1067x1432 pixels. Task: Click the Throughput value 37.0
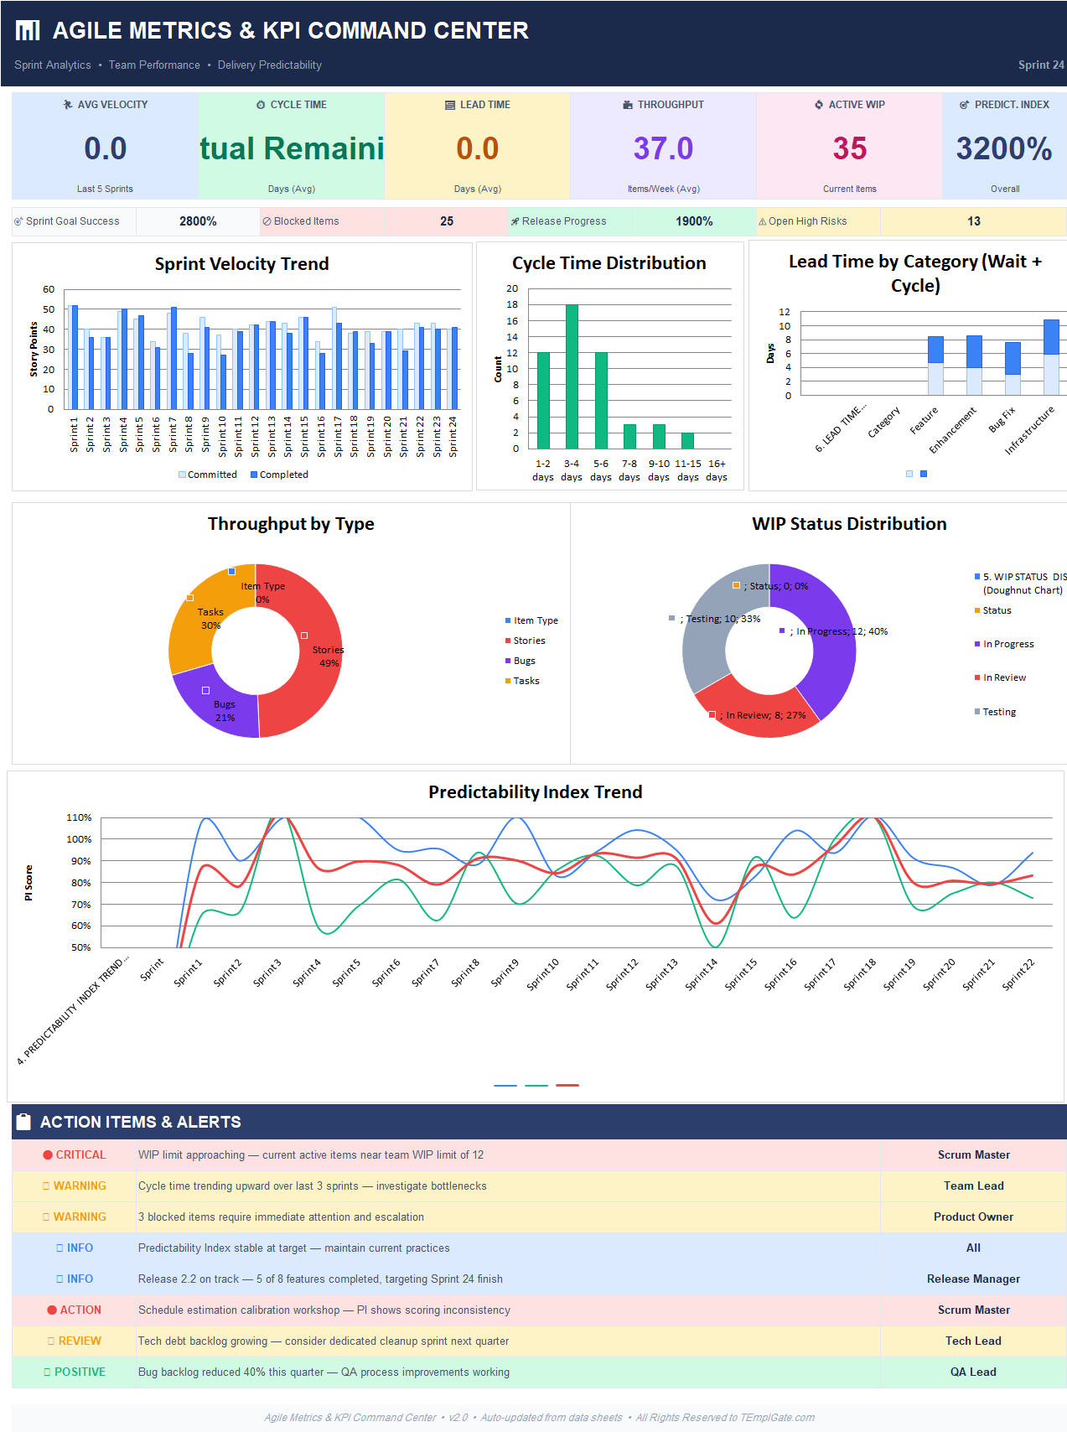[663, 149]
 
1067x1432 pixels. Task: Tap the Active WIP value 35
[849, 149]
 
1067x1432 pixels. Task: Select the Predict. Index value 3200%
[1003, 149]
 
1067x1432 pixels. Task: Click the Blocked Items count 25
[447, 221]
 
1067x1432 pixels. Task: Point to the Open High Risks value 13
[973, 221]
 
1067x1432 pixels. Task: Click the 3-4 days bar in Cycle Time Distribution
[572, 377]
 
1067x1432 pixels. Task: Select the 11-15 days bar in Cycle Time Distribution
[687, 441]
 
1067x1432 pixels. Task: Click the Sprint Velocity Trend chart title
[241, 264]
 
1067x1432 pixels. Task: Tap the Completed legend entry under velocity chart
[279, 475]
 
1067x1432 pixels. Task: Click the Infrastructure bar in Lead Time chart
[1051, 356]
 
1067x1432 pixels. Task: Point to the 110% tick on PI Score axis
[79, 817]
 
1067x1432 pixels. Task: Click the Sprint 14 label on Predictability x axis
[702, 975]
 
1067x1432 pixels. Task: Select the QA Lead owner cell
[973, 1372]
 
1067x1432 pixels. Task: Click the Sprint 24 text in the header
[1040, 65]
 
